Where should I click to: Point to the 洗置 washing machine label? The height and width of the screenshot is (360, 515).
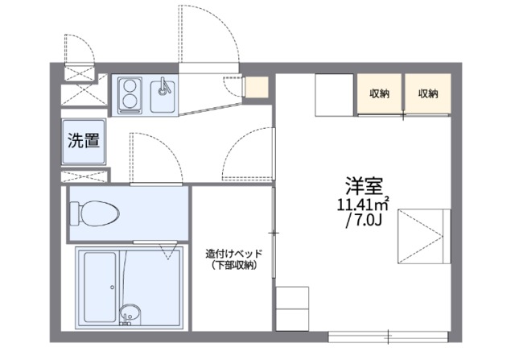tap(83, 141)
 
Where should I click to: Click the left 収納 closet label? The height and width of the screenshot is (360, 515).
tap(380, 93)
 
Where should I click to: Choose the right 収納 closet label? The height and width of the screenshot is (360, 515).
tap(427, 93)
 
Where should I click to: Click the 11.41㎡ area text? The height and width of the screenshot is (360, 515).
tap(362, 204)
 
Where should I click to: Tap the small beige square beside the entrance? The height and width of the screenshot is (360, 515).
tap(256, 86)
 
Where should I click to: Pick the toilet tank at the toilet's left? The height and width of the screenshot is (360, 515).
tap(75, 213)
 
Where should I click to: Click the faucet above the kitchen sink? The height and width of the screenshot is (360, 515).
tap(163, 83)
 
